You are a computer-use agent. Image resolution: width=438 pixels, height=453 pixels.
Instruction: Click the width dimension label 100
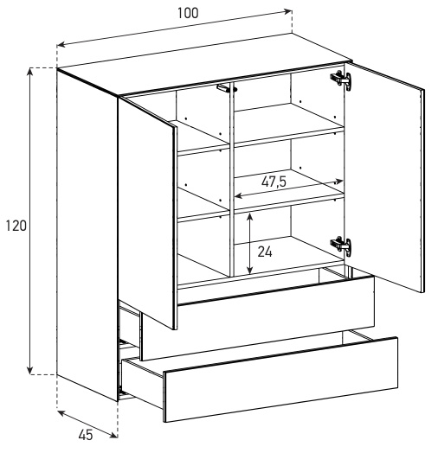point(188,13)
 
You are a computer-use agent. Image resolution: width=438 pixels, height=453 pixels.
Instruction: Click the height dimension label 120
point(16,226)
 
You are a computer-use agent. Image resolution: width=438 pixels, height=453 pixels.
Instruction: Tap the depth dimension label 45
point(86,435)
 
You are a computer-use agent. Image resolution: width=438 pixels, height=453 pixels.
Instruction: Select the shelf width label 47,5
point(274,182)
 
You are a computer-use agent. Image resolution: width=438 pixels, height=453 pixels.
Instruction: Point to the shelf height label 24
point(265,252)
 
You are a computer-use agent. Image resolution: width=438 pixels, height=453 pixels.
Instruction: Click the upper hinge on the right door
point(341,79)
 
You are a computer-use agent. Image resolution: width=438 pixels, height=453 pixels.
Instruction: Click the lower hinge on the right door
point(341,245)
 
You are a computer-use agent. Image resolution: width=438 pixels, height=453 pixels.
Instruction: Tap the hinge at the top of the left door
point(227,88)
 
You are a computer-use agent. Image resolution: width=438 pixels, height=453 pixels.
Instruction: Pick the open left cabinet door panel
point(147,213)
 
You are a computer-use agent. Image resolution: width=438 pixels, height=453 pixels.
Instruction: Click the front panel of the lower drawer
point(280,380)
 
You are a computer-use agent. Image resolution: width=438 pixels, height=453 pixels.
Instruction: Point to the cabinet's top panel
point(204,66)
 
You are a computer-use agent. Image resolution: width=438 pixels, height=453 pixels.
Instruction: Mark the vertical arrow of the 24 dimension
point(249,244)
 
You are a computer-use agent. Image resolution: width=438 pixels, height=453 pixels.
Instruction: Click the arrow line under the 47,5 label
point(288,189)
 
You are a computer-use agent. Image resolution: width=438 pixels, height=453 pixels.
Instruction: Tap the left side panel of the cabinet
point(87,234)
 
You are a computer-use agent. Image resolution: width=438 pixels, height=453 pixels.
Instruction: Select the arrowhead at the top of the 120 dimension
point(29,72)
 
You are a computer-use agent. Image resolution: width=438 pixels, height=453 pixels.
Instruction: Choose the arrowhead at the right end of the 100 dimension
point(288,11)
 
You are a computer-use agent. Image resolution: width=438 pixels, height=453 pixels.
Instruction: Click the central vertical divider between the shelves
point(231,179)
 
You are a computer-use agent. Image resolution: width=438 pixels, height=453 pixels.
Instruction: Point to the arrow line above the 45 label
point(87,424)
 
